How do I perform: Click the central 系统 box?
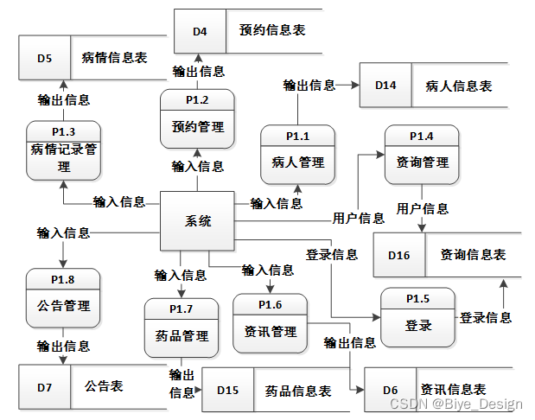pos(198,221)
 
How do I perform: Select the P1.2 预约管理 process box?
pos(197,119)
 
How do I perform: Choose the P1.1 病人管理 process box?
pos(297,154)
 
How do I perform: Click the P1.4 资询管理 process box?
pos(422,154)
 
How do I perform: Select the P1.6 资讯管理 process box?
pos(270,324)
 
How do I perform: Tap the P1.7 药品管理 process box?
pos(181,328)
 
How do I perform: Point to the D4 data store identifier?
pos(200,31)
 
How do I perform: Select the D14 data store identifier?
pos(385,86)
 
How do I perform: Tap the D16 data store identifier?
pos(398,255)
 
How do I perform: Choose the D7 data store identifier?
pos(44,386)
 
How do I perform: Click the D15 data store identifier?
pos(227,391)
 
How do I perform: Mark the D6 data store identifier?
pos(390,391)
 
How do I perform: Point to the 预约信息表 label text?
pos(271,30)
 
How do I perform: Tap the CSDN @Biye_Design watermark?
pos(455,404)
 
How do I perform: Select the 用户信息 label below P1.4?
pos(422,208)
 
